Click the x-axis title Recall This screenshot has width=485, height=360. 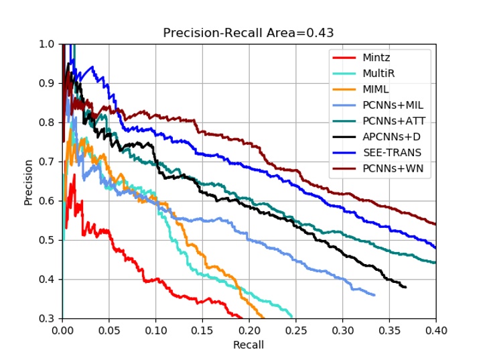click(x=249, y=345)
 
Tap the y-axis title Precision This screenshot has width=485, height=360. click(x=29, y=181)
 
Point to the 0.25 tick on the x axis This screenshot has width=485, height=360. click(x=295, y=330)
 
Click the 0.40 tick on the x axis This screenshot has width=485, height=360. click(x=436, y=330)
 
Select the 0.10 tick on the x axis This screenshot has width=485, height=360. click(x=155, y=330)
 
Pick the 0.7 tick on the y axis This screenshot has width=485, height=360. click(x=50, y=162)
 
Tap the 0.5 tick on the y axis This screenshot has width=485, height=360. click(x=50, y=240)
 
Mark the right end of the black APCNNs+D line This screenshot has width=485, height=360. click(x=406, y=287)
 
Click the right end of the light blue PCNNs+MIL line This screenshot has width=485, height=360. click(x=374, y=295)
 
